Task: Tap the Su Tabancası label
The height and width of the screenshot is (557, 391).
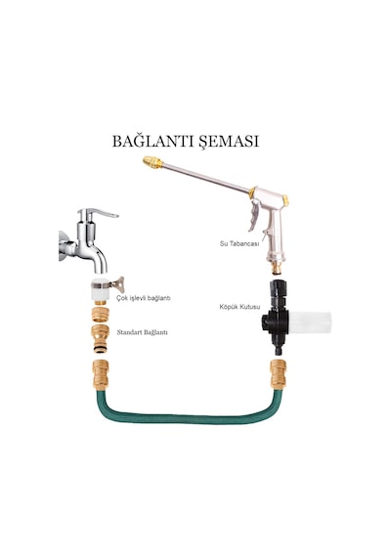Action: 239,243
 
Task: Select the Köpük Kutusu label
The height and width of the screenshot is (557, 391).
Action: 239,307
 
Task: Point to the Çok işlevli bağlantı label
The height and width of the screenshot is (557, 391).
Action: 144,298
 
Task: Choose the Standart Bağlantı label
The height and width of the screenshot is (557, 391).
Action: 142,332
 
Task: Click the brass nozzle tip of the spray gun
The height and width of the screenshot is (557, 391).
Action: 152,162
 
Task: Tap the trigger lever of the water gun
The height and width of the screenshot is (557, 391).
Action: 255,216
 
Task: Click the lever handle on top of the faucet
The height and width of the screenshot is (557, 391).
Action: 103,213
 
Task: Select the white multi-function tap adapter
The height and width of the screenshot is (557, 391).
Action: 101,289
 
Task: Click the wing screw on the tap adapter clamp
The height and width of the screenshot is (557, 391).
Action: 118,284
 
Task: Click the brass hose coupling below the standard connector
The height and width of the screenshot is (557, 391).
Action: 101,374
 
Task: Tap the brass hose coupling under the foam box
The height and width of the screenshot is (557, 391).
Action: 278,374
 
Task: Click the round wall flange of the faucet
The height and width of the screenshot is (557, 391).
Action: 64,246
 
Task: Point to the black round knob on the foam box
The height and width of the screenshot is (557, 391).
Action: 266,322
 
